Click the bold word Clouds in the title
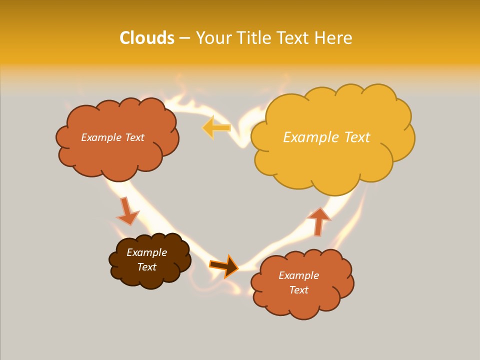point(147,38)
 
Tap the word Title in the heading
point(253,38)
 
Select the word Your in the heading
point(214,38)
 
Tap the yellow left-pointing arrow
point(216,127)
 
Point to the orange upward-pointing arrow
point(318,220)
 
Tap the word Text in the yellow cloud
point(357,137)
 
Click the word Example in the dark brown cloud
point(146,252)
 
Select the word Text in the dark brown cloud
point(146,267)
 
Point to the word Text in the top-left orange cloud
point(134,137)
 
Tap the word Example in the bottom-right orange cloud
point(298,275)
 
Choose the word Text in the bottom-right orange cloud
point(298,290)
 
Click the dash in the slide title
point(184,38)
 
